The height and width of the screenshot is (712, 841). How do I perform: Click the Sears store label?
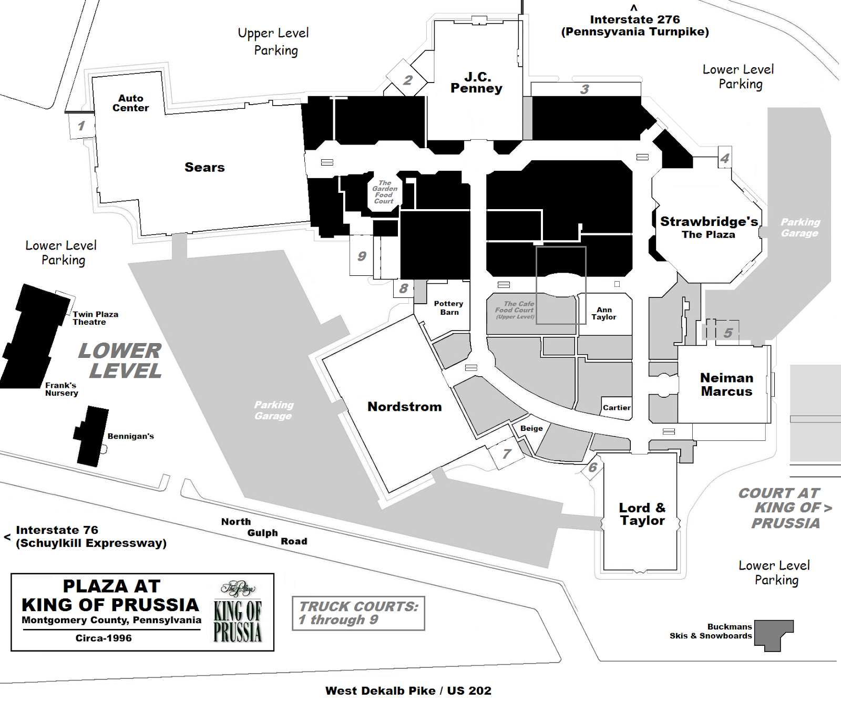(x=204, y=168)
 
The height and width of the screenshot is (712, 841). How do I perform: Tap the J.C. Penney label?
(x=476, y=83)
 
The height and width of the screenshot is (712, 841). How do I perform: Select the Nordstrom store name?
(x=404, y=407)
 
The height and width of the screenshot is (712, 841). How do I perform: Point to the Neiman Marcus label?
(x=726, y=385)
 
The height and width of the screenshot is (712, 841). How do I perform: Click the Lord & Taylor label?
(x=642, y=514)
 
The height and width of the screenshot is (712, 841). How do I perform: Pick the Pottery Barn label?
(x=448, y=308)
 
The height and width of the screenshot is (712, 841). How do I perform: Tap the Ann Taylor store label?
(x=604, y=314)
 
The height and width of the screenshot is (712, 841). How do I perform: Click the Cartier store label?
(x=617, y=408)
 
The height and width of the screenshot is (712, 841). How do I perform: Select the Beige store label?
(x=531, y=428)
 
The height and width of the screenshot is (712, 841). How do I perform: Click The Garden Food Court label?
(x=384, y=192)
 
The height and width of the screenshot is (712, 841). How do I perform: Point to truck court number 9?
(x=362, y=256)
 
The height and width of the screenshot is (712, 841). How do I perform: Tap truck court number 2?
(x=408, y=80)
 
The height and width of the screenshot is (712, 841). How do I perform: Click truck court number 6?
(x=593, y=467)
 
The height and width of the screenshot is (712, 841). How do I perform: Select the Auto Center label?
(x=130, y=103)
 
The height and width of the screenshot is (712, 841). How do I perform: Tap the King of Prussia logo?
(x=238, y=612)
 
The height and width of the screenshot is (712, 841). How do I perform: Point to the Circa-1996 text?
(x=104, y=638)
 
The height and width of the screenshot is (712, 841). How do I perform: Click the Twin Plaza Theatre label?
(x=95, y=318)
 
